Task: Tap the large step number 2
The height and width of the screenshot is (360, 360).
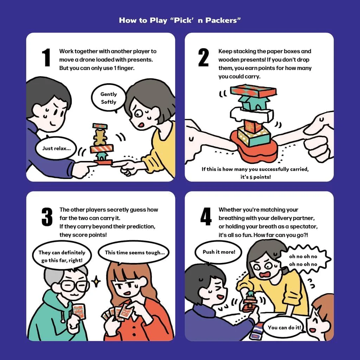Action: [204, 58]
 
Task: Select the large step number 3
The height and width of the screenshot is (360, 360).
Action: [47, 217]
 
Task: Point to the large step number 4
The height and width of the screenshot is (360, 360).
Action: [206, 217]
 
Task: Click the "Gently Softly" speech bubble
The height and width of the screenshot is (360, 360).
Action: [109, 98]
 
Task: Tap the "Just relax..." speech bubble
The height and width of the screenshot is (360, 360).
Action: [56, 148]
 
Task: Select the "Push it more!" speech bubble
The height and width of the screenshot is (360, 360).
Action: [219, 252]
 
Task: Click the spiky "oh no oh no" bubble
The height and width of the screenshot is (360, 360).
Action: [303, 260]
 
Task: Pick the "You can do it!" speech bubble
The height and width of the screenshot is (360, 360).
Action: [284, 327]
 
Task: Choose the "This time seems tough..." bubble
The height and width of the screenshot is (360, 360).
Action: [134, 252]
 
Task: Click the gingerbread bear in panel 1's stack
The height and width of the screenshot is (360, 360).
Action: [99, 137]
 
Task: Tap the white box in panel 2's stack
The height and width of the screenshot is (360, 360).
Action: [252, 115]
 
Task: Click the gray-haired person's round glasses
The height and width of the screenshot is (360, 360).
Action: [74, 286]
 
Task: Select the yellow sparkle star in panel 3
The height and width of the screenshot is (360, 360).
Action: [96, 281]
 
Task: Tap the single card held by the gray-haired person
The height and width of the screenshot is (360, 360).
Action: [79, 311]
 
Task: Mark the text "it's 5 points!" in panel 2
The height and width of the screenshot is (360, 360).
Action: [256, 177]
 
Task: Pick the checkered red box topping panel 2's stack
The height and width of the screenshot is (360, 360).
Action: [253, 91]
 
